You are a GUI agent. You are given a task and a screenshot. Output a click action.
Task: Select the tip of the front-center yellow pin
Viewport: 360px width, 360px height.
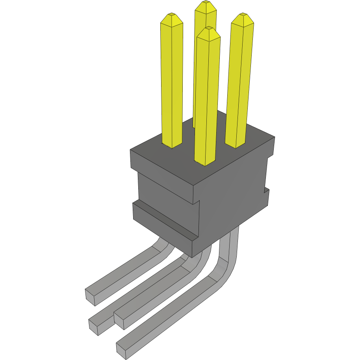coord(208,28)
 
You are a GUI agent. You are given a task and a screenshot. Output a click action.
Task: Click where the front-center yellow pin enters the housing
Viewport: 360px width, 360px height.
coord(205,162)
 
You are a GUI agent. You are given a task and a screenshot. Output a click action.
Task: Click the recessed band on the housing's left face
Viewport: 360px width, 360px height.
coord(165,189)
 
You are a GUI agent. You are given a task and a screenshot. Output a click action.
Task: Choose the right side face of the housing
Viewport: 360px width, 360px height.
coord(232,197)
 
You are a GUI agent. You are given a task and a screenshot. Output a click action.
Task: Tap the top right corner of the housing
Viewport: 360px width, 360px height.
coord(274,137)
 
